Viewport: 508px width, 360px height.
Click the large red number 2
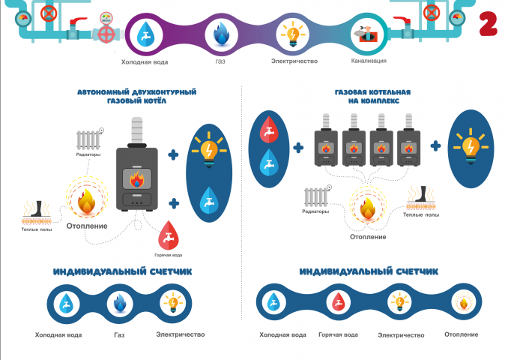488,23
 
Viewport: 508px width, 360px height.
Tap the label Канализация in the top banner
369,61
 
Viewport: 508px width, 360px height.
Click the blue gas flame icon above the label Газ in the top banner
221,33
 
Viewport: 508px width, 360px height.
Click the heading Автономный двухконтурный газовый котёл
136,96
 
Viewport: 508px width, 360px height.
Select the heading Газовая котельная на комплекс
372,96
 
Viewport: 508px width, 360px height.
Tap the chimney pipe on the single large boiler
137,130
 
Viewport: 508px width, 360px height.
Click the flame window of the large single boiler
136,178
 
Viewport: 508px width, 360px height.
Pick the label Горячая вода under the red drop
168,255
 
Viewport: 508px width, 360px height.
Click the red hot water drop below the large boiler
168,235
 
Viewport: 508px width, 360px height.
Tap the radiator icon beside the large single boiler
88,140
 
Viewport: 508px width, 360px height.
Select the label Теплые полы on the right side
421,214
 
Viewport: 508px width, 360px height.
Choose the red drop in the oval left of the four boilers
268,130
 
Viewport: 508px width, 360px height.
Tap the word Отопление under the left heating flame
87,226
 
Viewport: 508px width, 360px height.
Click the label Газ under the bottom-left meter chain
119,335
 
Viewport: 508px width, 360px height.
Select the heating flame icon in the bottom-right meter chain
464,303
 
